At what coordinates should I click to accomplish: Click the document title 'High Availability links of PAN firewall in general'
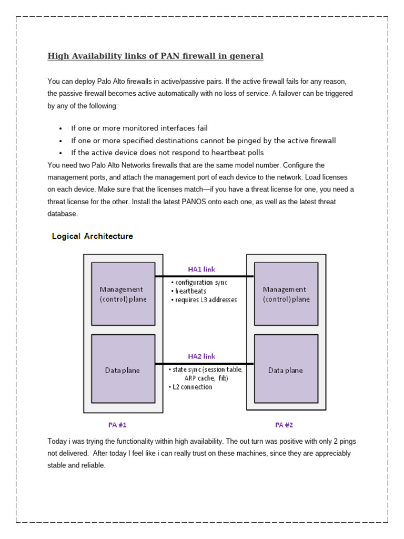point(155,56)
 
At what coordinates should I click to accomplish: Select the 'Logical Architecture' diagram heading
point(92,236)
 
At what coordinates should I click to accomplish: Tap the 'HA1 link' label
point(201,269)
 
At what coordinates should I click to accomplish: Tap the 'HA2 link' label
point(201,356)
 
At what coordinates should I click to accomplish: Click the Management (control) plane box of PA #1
point(123,294)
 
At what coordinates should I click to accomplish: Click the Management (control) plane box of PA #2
point(286,294)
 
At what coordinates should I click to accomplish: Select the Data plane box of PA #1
point(123,370)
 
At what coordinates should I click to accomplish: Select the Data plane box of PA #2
point(286,370)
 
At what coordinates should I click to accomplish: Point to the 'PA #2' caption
point(284,424)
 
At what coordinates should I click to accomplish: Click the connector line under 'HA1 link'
point(204,276)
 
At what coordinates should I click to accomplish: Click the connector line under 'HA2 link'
point(204,364)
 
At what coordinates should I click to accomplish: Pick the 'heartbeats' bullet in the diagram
point(190,291)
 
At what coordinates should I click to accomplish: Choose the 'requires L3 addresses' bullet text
point(206,300)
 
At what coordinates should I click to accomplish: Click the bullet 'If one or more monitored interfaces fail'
point(139,128)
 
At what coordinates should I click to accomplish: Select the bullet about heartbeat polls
point(167,153)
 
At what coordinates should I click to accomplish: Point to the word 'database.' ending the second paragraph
point(62,214)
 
